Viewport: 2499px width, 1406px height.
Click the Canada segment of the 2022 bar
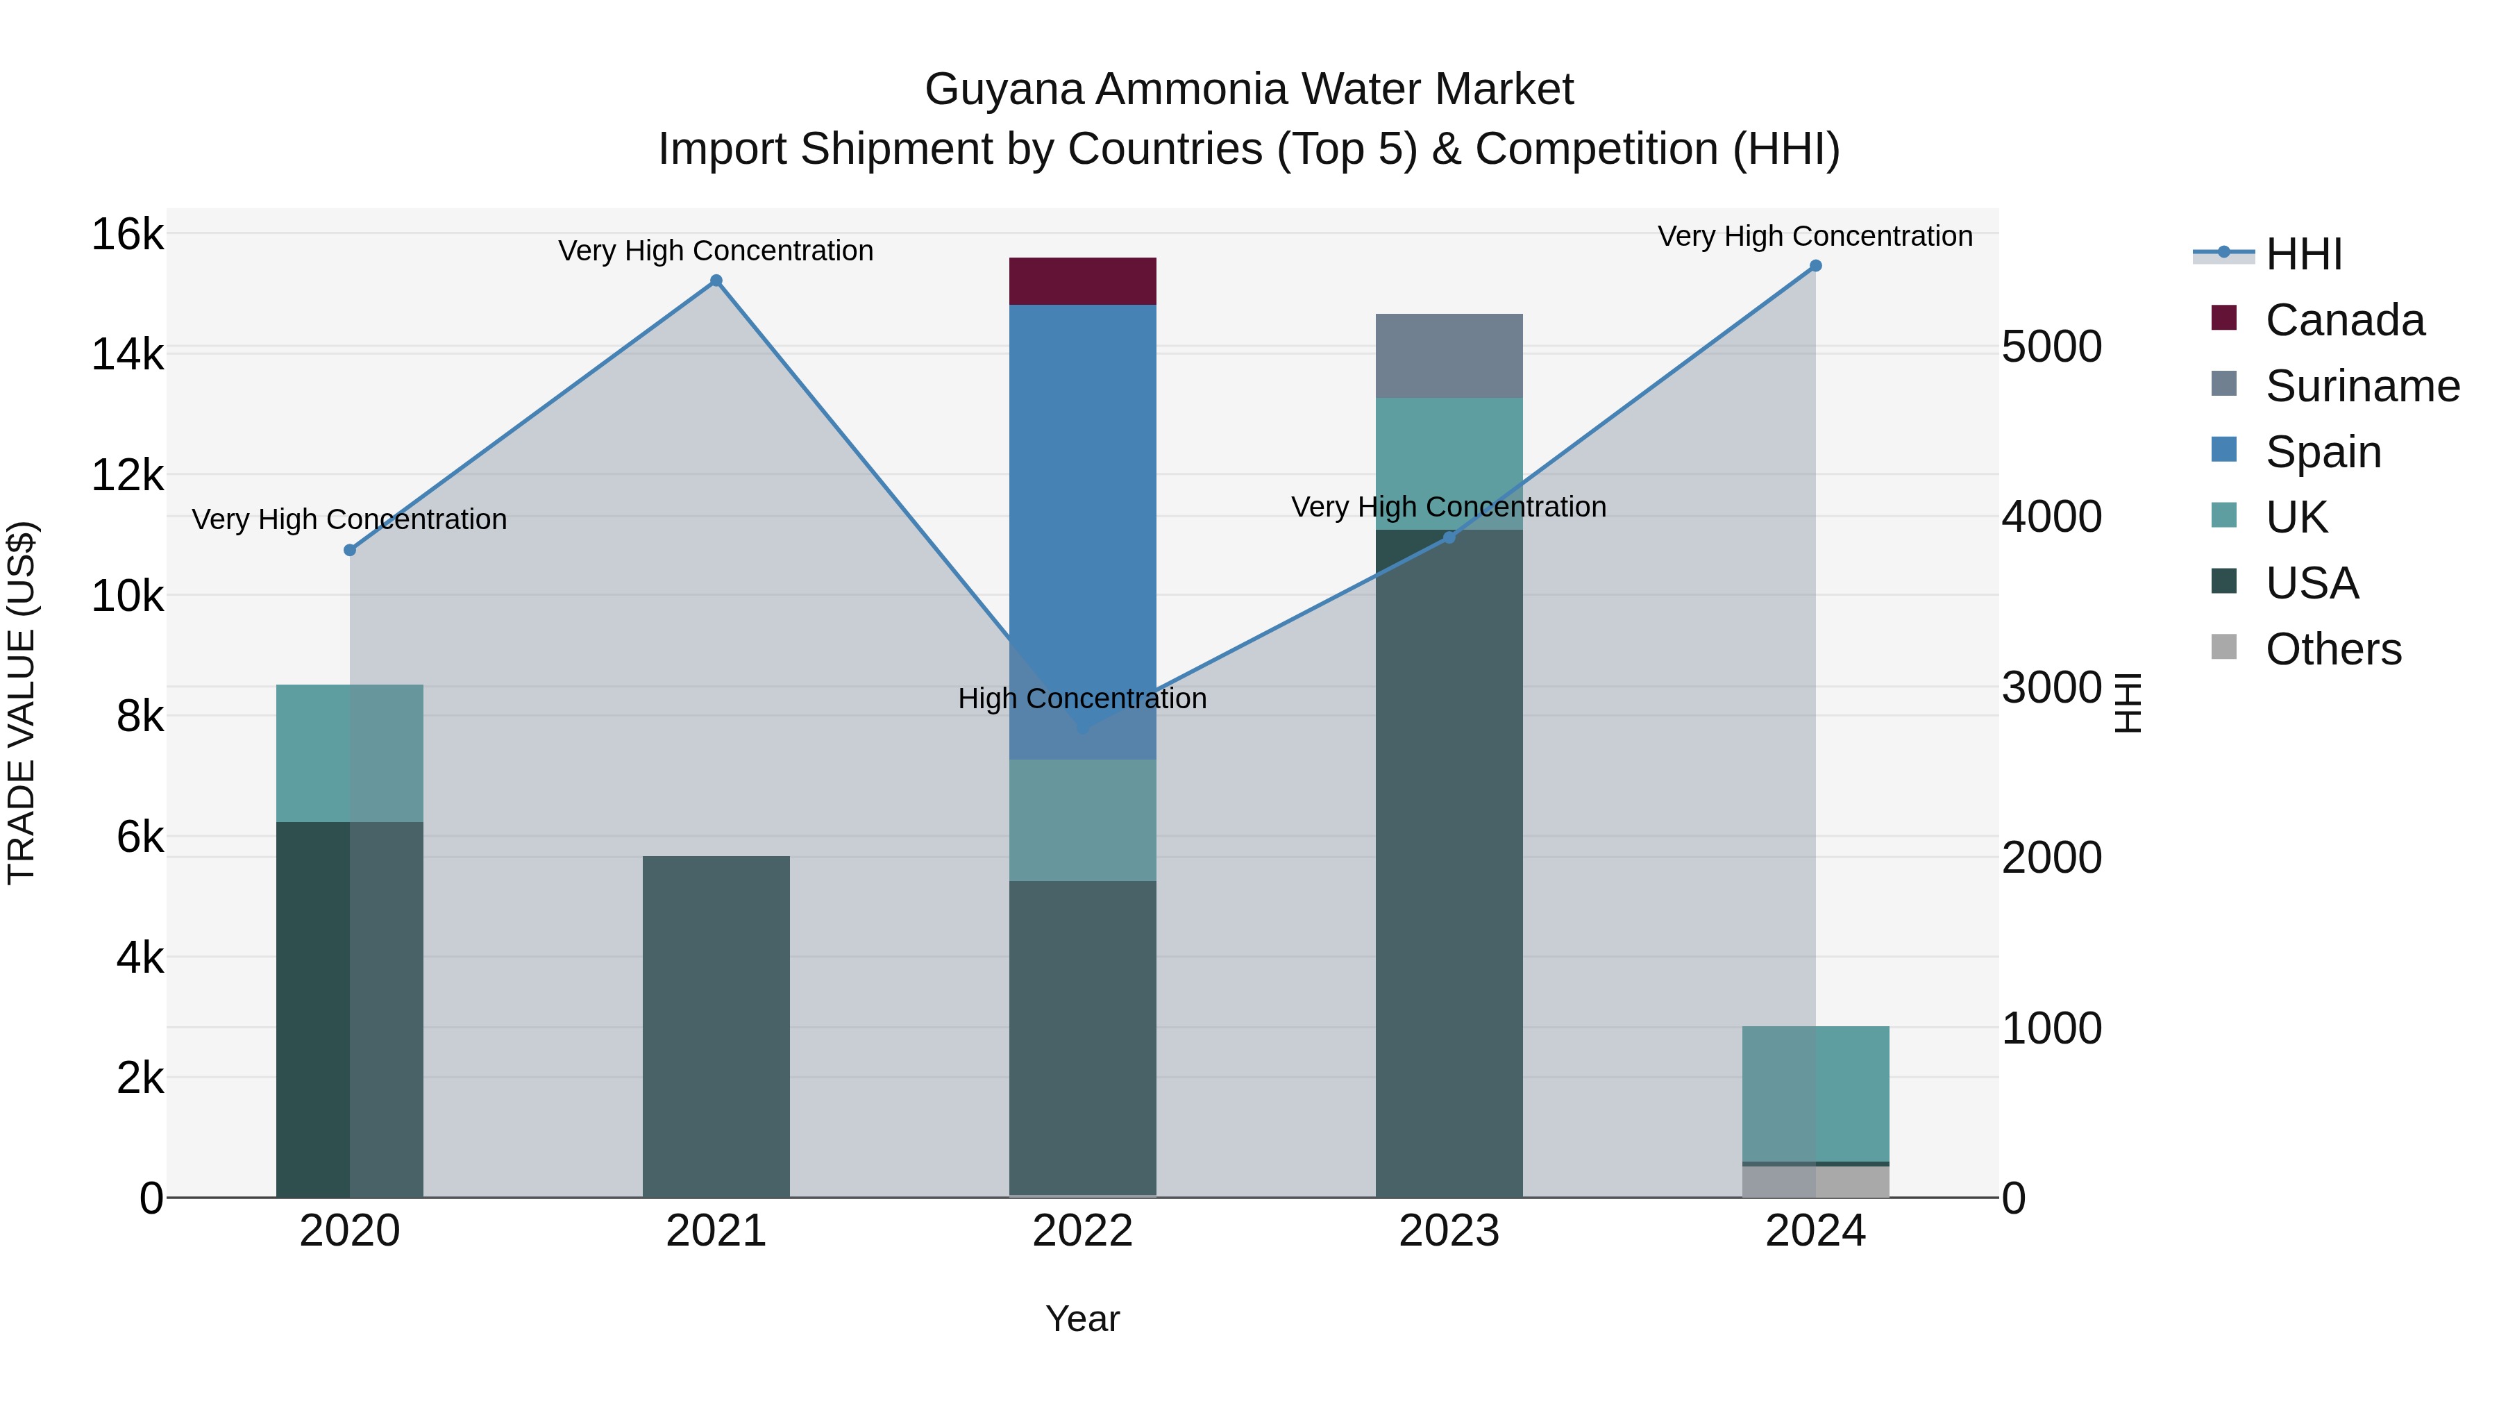pos(1083,281)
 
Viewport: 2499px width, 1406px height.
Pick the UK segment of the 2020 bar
pos(349,753)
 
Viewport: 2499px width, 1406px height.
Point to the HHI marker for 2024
pos(1815,266)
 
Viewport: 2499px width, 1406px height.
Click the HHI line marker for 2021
pos(716,281)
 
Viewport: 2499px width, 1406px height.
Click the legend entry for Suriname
pos(2362,386)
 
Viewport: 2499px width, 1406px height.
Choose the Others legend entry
pos(2333,649)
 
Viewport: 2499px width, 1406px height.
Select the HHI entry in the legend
pos(2303,254)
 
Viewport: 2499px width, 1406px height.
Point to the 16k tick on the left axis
pos(127,235)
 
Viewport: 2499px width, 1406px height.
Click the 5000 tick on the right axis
pos(2052,346)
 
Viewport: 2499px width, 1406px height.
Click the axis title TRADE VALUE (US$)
pos(22,703)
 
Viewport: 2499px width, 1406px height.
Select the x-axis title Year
pos(1083,1319)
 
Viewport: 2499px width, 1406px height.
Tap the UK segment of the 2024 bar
pos(1815,1094)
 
